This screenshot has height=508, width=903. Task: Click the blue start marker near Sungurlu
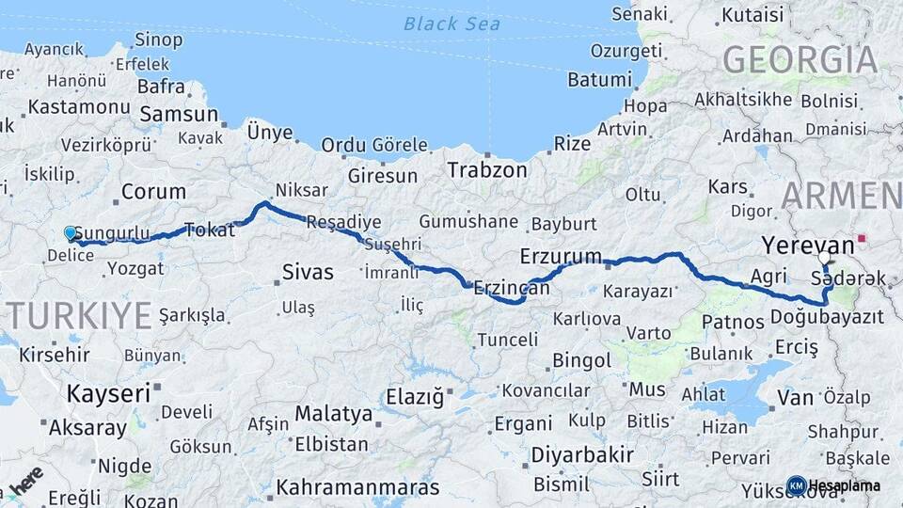click(x=70, y=232)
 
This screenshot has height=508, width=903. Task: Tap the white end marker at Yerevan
click(x=824, y=257)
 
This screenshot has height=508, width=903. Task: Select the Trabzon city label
click(x=487, y=170)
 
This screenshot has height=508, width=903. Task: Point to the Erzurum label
click(x=561, y=256)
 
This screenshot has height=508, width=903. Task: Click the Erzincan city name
click(x=512, y=288)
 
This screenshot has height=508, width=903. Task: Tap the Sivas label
click(x=308, y=273)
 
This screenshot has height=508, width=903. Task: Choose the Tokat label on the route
click(x=209, y=230)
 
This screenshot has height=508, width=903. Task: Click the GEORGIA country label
click(x=800, y=59)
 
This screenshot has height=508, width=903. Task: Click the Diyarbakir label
click(x=581, y=454)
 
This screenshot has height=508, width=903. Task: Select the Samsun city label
click(x=178, y=114)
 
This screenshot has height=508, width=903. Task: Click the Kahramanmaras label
click(x=357, y=488)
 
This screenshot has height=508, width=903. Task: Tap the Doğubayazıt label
click(x=827, y=318)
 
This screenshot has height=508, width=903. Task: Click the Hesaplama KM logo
click(x=796, y=484)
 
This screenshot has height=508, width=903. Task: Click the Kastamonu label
click(x=78, y=106)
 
